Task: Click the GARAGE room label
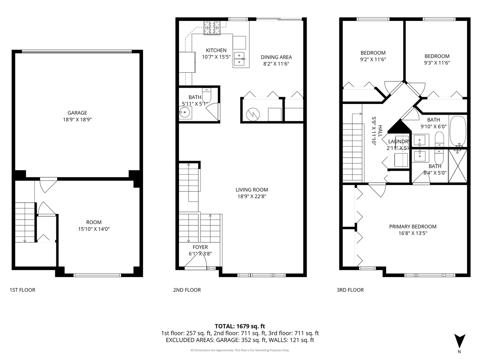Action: [x=77, y=113]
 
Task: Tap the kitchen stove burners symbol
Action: [x=212, y=28]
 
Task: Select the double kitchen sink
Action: [x=239, y=59]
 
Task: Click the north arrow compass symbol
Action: [x=460, y=341]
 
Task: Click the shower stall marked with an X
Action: [x=458, y=166]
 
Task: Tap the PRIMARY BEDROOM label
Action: [x=413, y=227]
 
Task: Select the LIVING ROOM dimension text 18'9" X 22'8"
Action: [x=252, y=196]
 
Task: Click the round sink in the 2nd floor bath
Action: [x=184, y=112]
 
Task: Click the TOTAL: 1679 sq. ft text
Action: [x=240, y=326]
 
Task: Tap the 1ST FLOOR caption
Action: [x=22, y=290]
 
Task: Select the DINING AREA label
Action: [x=276, y=57]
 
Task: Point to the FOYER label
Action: [x=200, y=247]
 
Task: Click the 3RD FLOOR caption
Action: [x=350, y=290]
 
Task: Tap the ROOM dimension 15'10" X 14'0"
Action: [x=94, y=229]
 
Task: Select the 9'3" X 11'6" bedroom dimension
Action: [x=437, y=62]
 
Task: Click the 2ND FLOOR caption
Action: [x=187, y=290]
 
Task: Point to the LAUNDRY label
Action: [x=398, y=142]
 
